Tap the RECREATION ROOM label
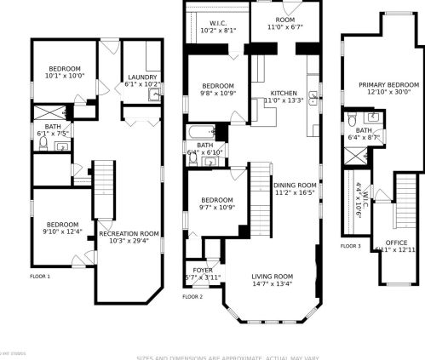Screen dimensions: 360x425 (x=129, y=233)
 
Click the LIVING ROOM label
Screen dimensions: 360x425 (x=272, y=277)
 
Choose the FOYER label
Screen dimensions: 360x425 (x=203, y=270)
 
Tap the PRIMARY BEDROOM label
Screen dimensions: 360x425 (x=388, y=84)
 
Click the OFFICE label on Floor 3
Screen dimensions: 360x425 (x=398, y=242)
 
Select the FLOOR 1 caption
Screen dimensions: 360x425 (x=40, y=277)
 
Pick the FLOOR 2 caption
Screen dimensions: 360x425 (x=192, y=297)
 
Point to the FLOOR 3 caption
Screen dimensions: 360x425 (x=351, y=246)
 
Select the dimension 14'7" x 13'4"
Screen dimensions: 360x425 (x=272, y=284)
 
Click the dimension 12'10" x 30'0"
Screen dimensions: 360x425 (x=388, y=92)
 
